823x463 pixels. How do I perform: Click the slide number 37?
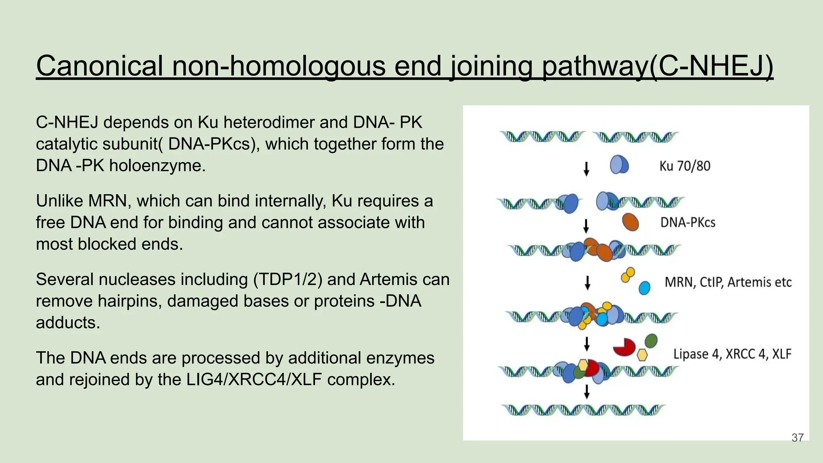click(797, 438)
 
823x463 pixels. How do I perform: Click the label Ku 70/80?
click(685, 166)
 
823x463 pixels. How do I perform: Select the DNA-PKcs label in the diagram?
click(688, 222)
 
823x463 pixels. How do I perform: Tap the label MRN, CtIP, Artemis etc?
click(728, 282)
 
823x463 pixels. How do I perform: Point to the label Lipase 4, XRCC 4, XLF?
click(732, 354)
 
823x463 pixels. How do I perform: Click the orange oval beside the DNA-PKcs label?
click(631, 222)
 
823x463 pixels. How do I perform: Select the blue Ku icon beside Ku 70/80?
click(619, 165)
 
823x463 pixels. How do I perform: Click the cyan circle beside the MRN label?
click(644, 288)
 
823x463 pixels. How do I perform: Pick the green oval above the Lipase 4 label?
click(651, 341)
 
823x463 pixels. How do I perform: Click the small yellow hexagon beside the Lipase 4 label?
click(642, 355)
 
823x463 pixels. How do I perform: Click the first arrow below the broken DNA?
click(586, 169)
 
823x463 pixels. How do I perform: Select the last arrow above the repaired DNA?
click(587, 391)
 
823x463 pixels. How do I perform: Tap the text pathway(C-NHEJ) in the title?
click(657, 66)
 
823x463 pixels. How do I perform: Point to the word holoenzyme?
click(157, 166)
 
